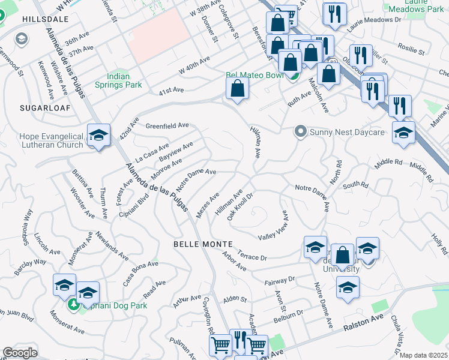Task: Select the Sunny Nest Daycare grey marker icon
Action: (300, 131)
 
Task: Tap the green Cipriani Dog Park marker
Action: (74, 305)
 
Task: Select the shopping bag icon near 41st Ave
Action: (238, 89)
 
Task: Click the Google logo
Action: (20, 353)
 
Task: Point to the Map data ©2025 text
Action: (423, 355)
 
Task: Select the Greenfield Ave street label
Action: (167, 126)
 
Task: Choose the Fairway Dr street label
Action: (280, 280)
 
